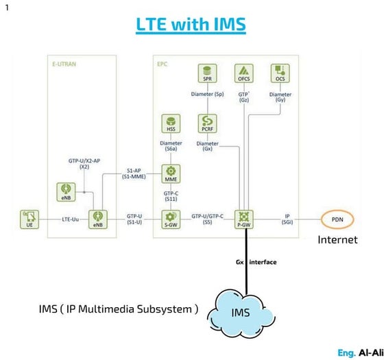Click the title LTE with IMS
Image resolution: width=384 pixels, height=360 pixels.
coord(191,24)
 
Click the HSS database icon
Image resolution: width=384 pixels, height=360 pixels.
coord(170,123)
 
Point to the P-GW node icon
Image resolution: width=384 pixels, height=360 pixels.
coord(244,217)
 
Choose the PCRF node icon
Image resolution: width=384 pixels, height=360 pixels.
coord(206,123)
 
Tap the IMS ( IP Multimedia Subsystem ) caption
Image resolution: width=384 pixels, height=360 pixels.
coord(119,309)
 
